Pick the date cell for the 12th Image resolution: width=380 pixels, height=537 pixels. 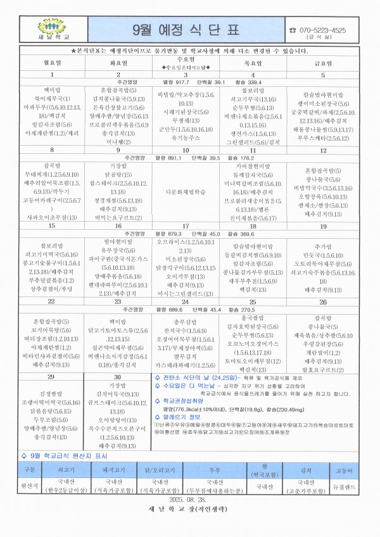(x=323, y=151)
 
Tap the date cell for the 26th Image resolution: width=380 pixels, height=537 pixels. (x=323, y=302)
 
